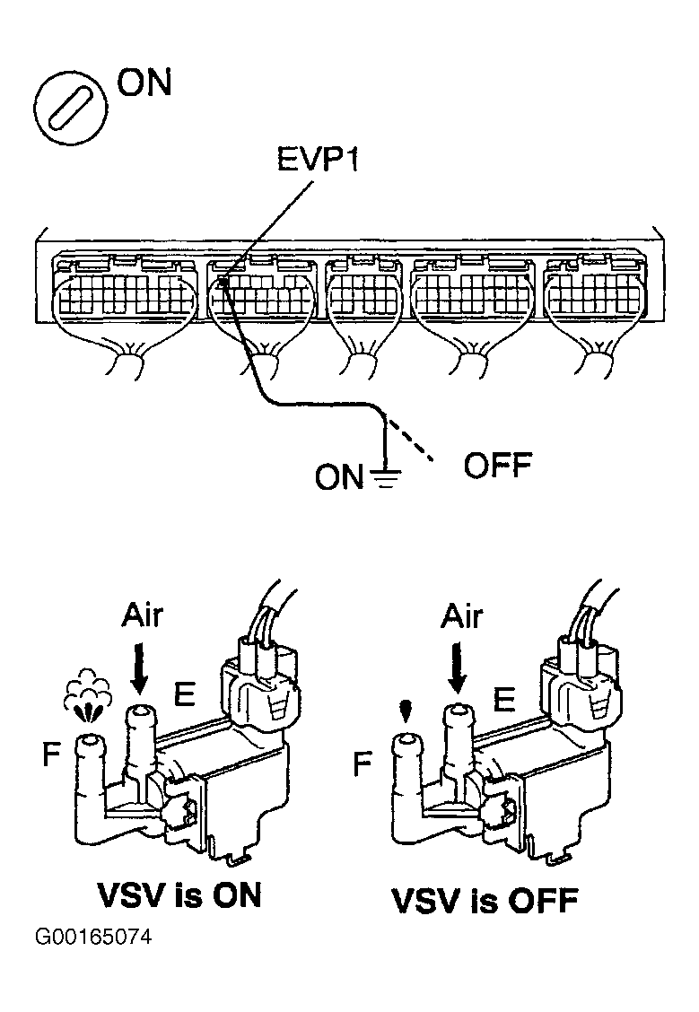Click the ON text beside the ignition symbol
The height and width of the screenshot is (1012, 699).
click(x=144, y=83)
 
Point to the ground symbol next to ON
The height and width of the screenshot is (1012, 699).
click(x=385, y=476)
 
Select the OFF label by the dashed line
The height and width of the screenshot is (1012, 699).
click(x=497, y=466)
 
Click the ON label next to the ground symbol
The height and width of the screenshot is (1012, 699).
click(x=338, y=477)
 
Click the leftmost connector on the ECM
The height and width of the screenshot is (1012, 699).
click(x=125, y=296)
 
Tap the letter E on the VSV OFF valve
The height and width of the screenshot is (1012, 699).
click(x=505, y=698)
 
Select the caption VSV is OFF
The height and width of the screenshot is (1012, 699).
click(x=485, y=900)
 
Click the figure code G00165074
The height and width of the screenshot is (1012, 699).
click(x=93, y=938)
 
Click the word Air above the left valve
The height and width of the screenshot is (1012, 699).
click(x=143, y=618)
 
